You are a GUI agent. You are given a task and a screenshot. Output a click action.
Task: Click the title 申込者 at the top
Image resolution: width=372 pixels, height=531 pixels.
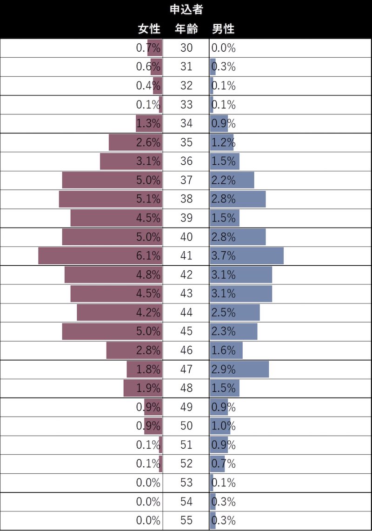click(186, 9)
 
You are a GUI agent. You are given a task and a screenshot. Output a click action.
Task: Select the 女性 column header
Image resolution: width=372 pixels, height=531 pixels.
click(149, 29)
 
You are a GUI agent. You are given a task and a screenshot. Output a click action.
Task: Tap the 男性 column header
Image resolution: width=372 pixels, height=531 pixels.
click(223, 29)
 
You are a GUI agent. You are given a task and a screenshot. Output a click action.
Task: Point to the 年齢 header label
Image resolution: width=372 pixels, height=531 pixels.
click(186, 29)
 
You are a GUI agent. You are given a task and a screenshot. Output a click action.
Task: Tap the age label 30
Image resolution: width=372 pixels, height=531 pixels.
click(186, 47)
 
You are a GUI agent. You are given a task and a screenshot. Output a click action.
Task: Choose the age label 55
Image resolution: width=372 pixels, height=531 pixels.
click(186, 520)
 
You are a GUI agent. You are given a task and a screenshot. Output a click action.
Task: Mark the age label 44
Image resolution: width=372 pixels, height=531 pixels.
click(186, 312)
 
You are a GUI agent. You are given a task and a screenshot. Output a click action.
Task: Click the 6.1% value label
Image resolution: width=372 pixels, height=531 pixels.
click(148, 255)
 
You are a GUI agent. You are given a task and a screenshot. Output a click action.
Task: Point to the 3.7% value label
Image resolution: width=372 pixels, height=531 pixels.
click(224, 255)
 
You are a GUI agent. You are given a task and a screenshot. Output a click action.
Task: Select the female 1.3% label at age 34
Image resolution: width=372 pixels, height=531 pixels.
click(148, 123)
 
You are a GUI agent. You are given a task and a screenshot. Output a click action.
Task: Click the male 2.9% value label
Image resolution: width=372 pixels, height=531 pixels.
click(224, 369)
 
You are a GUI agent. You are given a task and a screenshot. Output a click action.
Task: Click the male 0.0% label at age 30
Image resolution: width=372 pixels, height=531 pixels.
click(224, 47)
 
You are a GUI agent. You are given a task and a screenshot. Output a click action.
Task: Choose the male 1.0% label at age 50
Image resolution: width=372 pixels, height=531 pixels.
click(224, 426)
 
